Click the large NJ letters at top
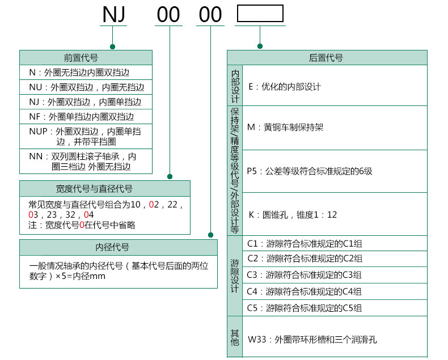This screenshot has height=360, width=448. point(113,15)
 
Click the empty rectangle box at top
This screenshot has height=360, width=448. point(260,14)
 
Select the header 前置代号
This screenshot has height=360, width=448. point(86,57)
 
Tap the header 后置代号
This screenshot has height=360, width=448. point(326,58)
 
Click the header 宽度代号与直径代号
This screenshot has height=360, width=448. point(105,188)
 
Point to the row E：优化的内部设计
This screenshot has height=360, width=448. point(285,87)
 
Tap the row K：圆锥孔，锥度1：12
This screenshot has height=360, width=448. point(293,215)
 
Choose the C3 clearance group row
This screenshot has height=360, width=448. point(305,275)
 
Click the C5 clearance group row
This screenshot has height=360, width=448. point(305,308)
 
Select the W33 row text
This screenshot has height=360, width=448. point(312,340)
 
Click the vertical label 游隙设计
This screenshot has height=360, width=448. point(235,276)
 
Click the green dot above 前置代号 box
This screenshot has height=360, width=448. point(113,46)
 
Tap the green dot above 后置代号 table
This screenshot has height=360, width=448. point(260,46)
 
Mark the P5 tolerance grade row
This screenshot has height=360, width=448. point(310,171)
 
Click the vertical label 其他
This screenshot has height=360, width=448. point(235,337)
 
